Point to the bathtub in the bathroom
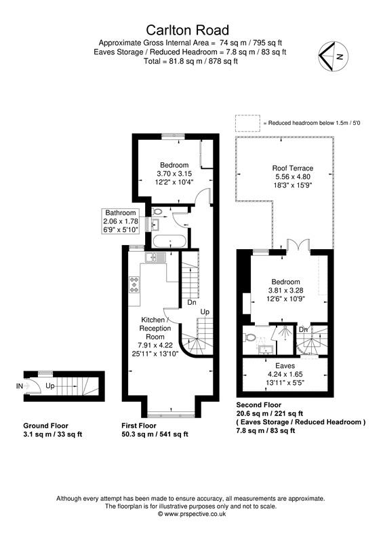(x=166, y=240)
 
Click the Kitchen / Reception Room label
(x=157, y=328)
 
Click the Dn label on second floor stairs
(x=304, y=331)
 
